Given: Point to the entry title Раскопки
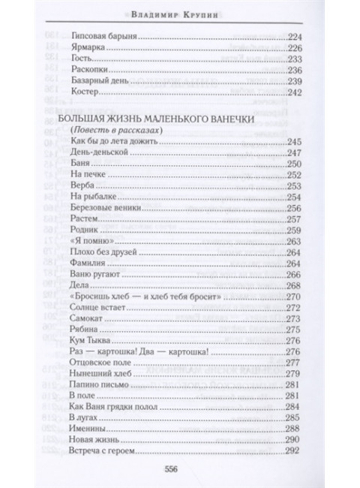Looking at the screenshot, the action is pos(86,70).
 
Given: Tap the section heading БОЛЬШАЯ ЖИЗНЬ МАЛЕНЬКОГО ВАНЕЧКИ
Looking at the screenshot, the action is pos(163,120).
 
